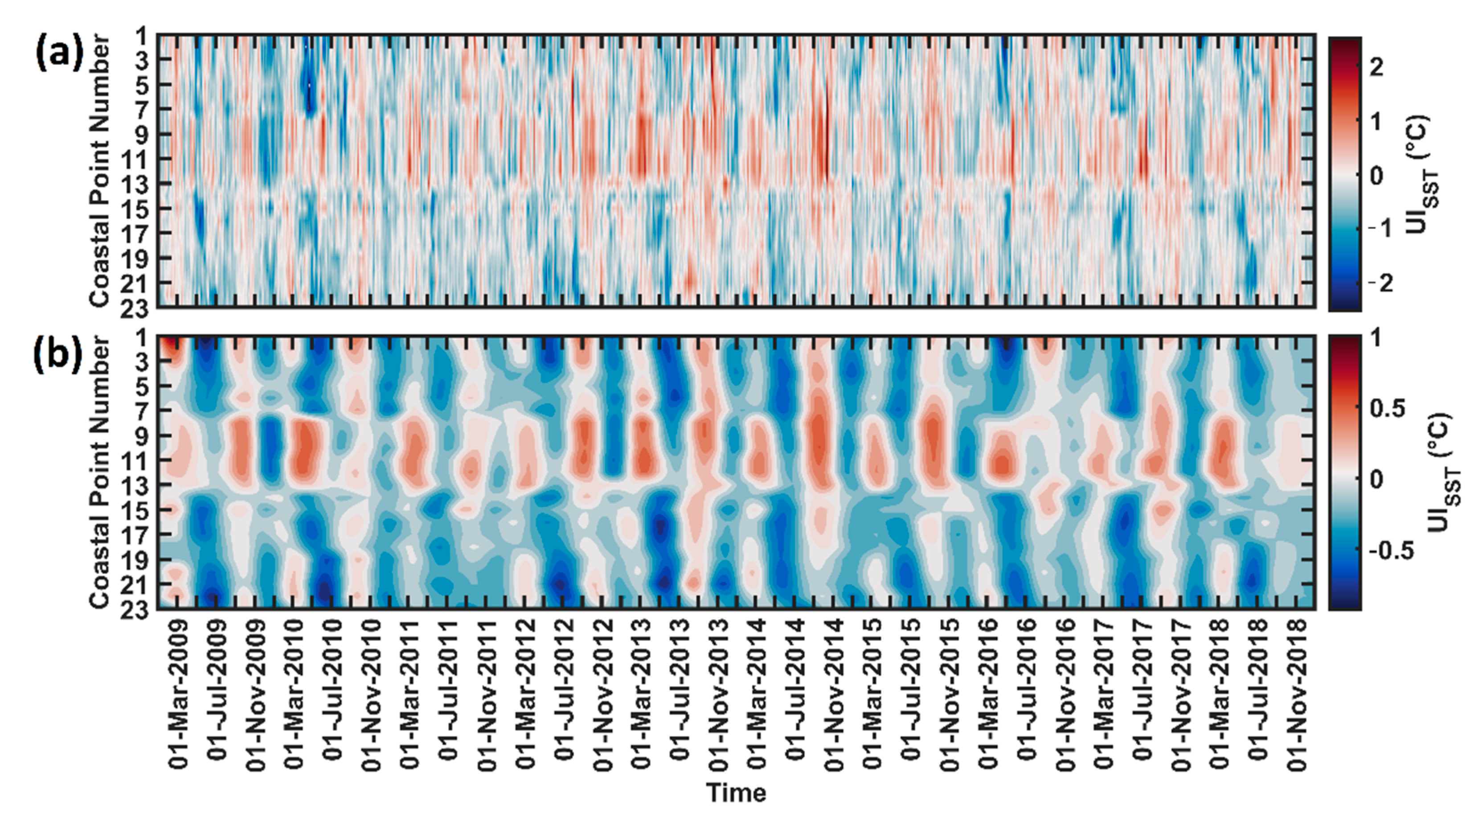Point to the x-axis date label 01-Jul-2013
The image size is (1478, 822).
[680, 694]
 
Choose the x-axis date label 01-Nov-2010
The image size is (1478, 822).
[371, 694]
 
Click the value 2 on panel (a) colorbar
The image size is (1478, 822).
[1376, 68]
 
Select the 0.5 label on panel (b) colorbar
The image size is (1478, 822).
[1388, 409]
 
